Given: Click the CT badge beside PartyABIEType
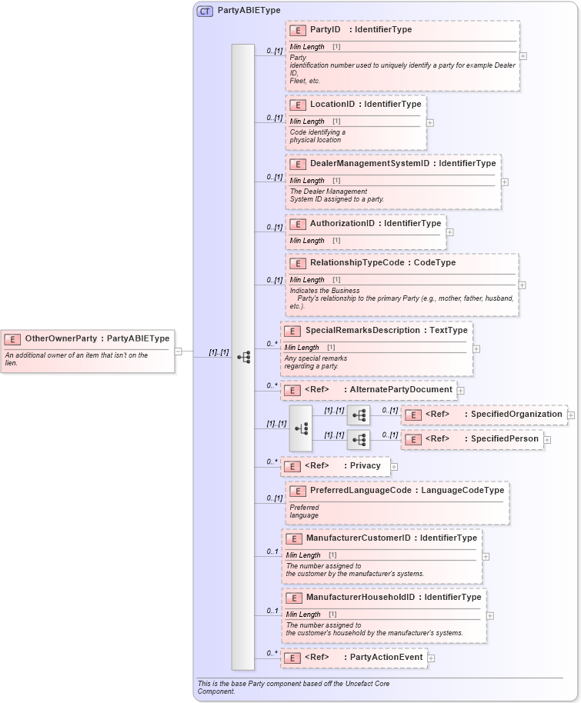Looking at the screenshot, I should tap(205, 11).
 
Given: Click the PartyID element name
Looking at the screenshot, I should tap(326, 30).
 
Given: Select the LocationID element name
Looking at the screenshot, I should tap(332, 105).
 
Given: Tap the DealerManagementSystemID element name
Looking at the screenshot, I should tap(369, 164).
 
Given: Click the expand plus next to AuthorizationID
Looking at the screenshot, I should tap(450, 232).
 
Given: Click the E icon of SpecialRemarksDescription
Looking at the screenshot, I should tap(292, 331).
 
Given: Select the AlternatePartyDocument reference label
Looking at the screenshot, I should tap(401, 390).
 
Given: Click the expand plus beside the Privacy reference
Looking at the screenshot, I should tap(394, 466).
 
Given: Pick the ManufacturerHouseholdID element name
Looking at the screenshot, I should tap(360, 598).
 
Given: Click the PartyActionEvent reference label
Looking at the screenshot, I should tap(386, 658).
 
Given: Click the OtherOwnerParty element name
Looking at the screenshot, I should tap(62, 338).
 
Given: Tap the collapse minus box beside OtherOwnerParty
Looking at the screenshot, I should tap(179, 351).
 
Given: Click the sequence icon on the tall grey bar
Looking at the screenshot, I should tap(243, 357).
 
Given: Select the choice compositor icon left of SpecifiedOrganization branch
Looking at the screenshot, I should tap(301, 428).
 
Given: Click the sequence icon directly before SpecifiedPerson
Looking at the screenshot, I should tap(359, 440).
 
